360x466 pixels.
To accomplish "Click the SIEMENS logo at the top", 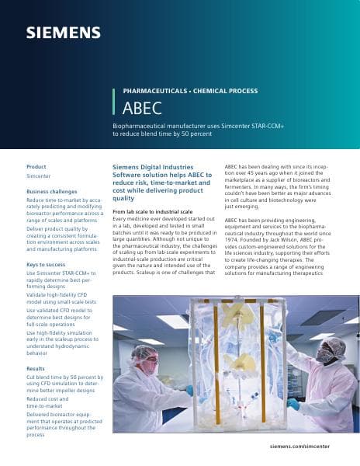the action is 64,33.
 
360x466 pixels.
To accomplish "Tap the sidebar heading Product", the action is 36,167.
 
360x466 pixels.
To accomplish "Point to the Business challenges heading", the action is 52,191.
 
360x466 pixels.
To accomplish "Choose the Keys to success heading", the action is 47,266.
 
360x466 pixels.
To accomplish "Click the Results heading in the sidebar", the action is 36,368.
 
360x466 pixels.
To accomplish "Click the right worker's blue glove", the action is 292,404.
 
